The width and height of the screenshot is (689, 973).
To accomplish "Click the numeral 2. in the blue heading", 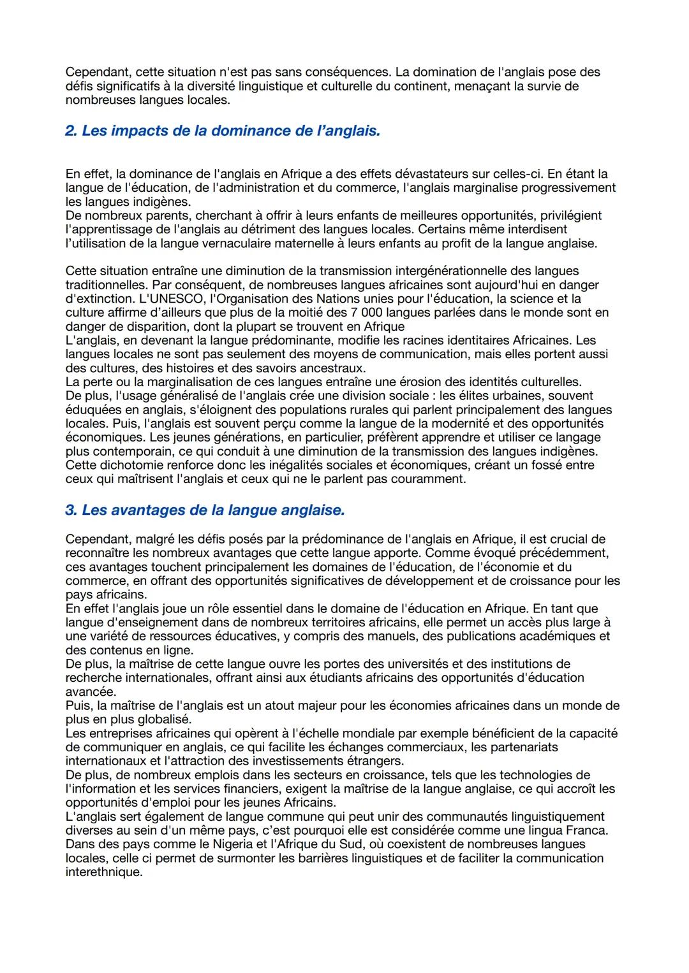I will coord(71,131).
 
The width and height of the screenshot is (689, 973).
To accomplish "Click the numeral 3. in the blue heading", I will coord(71,510).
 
